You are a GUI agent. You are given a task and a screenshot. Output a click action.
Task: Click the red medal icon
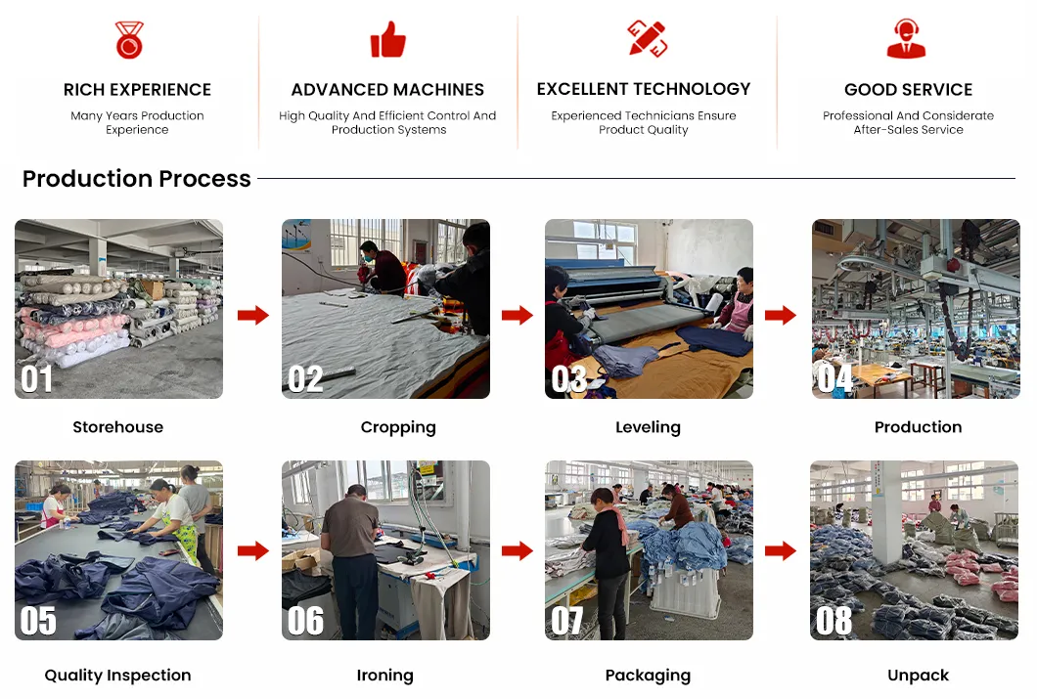pyautogui.click(x=129, y=40)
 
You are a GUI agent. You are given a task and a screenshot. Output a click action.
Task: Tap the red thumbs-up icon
pyautogui.click(x=388, y=40)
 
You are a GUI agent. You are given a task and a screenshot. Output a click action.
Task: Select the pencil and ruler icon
pyautogui.click(x=648, y=38)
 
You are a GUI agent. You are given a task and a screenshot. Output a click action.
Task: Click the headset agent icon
pyautogui.click(x=906, y=38)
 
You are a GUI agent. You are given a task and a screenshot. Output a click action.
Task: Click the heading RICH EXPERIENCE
pyautogui.click(x=138, y=89)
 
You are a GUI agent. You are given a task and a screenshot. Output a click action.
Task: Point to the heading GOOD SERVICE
pyautogui.click(x=908, y=89)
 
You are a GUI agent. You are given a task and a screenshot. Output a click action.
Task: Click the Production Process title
pyautogui.click(x=137, y=178)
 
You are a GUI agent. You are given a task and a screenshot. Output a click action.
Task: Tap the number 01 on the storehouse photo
pyautogui.click(x=36, y=379)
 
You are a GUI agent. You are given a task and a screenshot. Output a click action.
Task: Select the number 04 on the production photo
pyautogui.click(x=834, y=378)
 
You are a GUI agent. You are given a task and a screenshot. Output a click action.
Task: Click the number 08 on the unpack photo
pyautogui.click(x=834, y=621)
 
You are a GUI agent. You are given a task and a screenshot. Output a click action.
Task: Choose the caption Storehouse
pyautogui.click(x=117, y=427)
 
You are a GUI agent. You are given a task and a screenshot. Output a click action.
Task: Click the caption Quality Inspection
pyautogui.click(x=117, y=676)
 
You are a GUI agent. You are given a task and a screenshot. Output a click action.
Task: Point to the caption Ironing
pyautogui.click(x=384, y=676)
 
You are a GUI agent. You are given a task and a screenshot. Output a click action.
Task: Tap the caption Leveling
pyautogui.click(x=648, y=427)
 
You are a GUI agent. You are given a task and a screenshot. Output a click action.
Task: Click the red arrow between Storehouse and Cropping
pyautogui.click(x=253, y=315)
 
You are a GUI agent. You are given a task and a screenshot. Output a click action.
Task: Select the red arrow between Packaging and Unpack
pyautogui.click(x=781, y=550)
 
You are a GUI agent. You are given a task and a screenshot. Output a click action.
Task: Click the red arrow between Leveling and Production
pyautogui.click(x=781, y=315)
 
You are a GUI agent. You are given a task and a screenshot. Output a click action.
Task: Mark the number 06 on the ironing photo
pyautogui.click(x=305, y=621)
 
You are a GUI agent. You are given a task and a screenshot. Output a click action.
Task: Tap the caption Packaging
pyautogui.click(x=648, y=676)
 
